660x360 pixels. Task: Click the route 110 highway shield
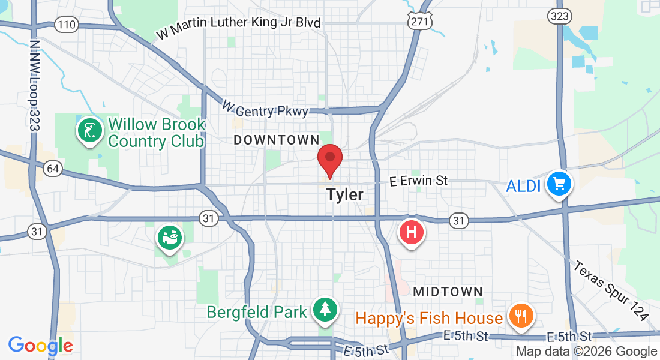pos(66,25)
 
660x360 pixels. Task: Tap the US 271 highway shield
pos(418,21)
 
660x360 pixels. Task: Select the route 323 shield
pos(559,16)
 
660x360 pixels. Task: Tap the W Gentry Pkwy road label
pos(265,109)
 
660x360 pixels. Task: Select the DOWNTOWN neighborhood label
pos(277,140)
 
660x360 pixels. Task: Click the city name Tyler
pos(345,194)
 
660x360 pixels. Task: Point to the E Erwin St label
pos(419,180)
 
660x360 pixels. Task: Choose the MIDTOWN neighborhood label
pos(448,292)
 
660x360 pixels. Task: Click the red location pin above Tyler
pos(329,158)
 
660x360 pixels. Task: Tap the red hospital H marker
pos(412,231)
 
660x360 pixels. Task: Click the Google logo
pos(40,346)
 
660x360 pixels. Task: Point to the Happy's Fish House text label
pos(429,318)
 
